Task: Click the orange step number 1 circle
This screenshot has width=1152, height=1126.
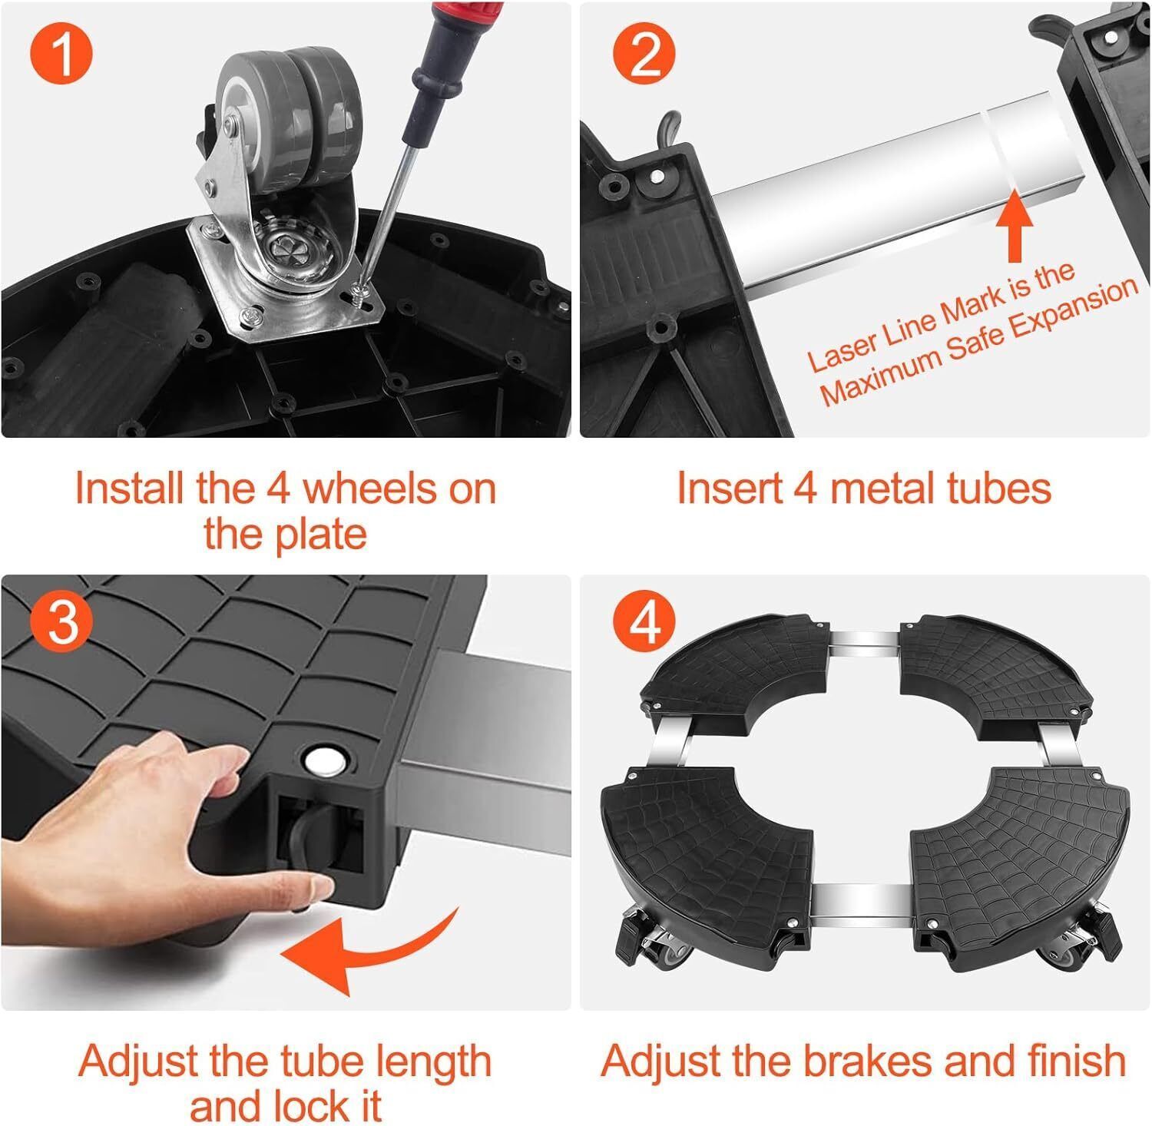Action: (x=61, y=55)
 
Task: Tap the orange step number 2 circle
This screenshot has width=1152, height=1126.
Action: (x=643, y=55)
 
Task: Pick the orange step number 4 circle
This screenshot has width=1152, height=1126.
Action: (x=643, y=621)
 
